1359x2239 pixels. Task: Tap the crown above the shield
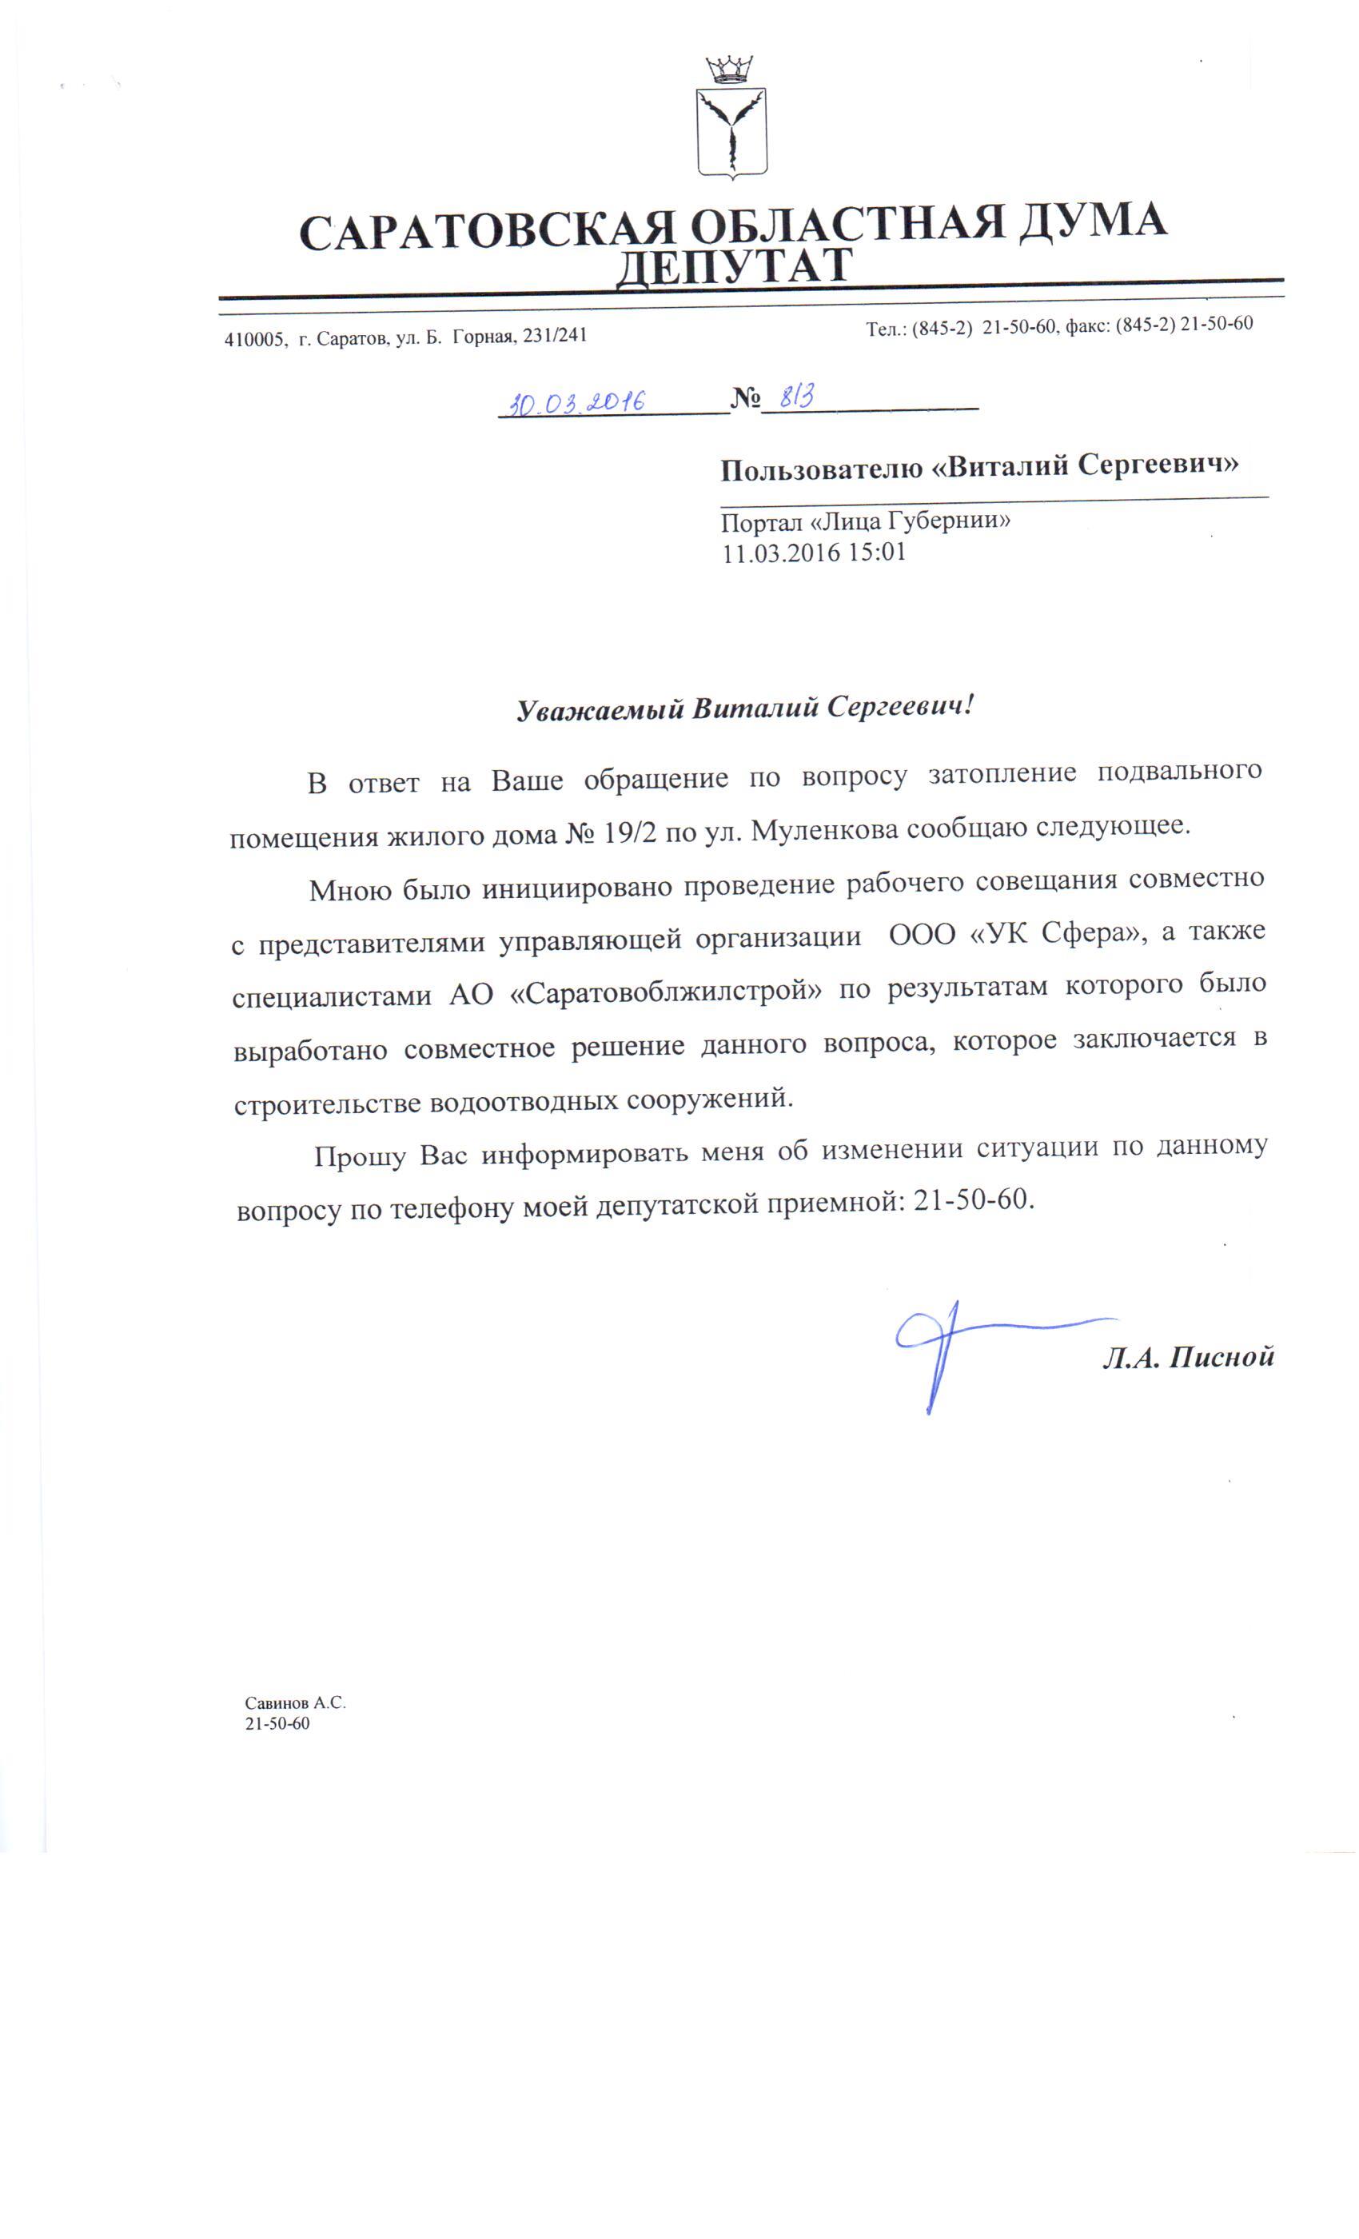point(729,69)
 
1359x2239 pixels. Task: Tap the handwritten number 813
point(797,396)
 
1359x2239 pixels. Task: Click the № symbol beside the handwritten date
point(745,398)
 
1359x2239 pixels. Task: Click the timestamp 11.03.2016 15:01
point(814,553)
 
